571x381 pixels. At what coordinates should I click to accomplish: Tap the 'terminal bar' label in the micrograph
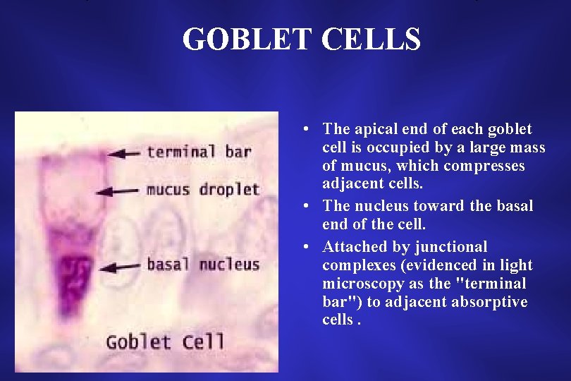[199, 151]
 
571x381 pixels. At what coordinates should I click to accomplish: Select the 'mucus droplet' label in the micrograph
[203, 189]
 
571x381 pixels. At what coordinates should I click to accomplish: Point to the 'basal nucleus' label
[203, 265]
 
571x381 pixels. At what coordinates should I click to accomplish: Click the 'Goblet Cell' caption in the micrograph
[165, 342]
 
